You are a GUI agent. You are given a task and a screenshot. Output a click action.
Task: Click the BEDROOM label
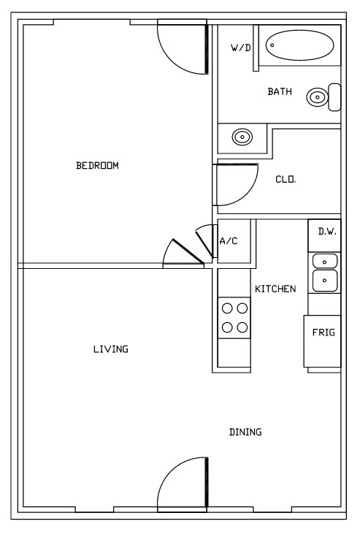click(x=97, y=166)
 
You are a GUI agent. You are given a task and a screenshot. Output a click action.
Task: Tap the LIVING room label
click(x=111, y=349)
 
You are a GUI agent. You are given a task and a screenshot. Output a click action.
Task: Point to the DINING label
click(x=245, y=432)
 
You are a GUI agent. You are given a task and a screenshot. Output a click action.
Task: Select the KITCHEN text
click(x=275, y=289)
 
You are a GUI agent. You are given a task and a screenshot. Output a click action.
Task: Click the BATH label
click(x=280, y=91)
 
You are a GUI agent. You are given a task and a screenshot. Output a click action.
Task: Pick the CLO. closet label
click(x=286, y=180)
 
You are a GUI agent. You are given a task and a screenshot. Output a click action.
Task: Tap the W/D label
click(x=241, y=48)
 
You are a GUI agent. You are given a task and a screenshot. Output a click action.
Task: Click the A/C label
click(x=229, y=240)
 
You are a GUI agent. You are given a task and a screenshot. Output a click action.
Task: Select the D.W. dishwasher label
click(x=327, y=232)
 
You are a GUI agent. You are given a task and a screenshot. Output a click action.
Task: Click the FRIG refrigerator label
click(x=323, y=332)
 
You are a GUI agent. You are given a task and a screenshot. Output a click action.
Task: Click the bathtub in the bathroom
click(x=300, y=45)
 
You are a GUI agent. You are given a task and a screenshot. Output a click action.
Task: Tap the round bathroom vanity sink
click(x=242, y=137)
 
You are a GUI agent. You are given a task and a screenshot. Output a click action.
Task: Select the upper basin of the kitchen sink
click(x=324, y=262)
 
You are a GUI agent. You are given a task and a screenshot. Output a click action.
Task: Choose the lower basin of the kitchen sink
click(x=324, y=281)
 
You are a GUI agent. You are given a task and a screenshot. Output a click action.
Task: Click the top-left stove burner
click(x=227, y=308)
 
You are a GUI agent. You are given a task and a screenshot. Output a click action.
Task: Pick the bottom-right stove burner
click(x=242, y=327)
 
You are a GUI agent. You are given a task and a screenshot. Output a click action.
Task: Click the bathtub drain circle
click(x=272, y=45)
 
